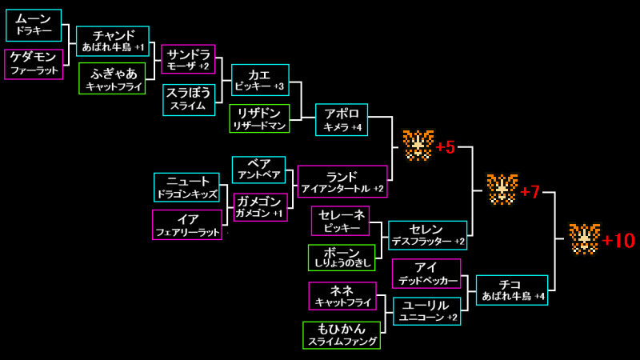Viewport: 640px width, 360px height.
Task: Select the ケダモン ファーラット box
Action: [34, 64]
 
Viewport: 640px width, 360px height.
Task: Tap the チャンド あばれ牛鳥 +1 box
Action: [113, 42]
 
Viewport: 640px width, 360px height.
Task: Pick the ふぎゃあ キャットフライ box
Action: [112, 78]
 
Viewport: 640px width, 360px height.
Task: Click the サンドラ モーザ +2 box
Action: [188, 59]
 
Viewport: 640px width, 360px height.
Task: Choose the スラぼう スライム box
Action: [189, 99]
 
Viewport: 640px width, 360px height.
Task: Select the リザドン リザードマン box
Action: [259, 118]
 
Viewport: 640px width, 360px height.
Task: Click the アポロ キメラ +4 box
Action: [342, 119]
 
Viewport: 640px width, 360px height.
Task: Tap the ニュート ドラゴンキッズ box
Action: [186, 187]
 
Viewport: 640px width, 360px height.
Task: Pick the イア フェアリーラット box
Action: [186, 224]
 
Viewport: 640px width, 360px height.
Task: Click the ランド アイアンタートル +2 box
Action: [342, 182]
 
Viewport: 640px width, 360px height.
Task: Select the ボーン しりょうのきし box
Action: [342, 258]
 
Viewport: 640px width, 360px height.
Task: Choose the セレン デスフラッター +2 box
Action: [427, 235]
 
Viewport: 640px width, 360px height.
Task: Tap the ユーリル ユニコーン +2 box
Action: [427, 311]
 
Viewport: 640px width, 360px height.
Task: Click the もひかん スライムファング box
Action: [342, 334]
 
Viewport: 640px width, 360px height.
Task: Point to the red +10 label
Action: [618, 241]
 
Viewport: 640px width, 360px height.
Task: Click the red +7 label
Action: [530, 192]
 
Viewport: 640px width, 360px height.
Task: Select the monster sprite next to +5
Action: [418, 146]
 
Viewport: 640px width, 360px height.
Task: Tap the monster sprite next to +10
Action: [584, 238]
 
